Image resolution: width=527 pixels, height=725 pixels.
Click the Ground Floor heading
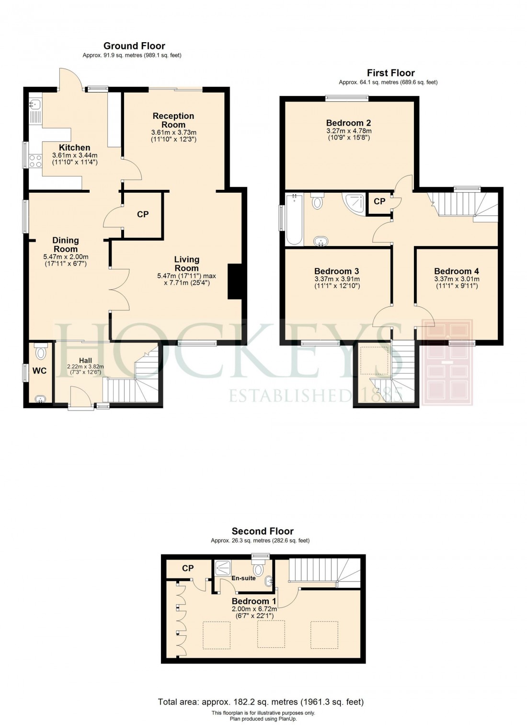(134, 46)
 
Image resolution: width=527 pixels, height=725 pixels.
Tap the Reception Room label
(173, 120)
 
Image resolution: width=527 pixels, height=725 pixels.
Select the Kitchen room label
(74, 148)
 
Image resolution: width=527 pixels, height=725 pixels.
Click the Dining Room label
(66, 245)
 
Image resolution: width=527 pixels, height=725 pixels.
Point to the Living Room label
(186, 264)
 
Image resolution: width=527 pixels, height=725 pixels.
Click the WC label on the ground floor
(40, 371)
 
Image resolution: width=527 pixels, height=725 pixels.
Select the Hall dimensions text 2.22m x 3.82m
(85, 367)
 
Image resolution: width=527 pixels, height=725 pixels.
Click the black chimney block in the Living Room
(234, 281)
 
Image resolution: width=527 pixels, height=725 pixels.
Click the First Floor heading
(390, 73)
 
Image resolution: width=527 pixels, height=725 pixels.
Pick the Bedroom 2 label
(348, 123)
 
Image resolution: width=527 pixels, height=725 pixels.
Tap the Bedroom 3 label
(337, 271)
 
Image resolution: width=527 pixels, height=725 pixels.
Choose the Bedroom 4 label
(456, 271)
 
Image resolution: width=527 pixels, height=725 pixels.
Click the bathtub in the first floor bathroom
(294, 219)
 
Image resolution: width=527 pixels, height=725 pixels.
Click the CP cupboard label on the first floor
(379, 201)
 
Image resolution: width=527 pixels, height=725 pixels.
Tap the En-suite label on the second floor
(243, 578)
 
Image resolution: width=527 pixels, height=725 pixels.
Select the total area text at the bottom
(261, 702)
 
